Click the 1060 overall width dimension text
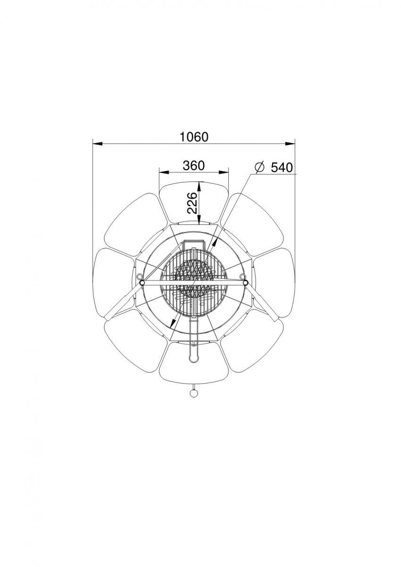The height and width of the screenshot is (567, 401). pyautogui.click(x=194, y=137)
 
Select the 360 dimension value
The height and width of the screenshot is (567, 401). pyautogui.click(x=194, y=165)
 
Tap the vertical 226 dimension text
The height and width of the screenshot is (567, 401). pyautogui.click(x=193, y=203)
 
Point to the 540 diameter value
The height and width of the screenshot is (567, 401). pyautogui.click(x=282, y=167)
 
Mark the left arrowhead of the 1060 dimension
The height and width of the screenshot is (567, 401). pyautogui.click(x=97, y=144)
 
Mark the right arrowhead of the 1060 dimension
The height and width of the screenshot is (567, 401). pyautogui.click(x=290, y=144)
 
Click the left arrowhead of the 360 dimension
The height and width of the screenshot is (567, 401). pyautogui.click(x=164, y=172)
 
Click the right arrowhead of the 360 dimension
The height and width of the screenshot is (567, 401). pyautogui.click(x=223, y=172)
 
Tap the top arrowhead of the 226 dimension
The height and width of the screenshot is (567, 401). pyautogui.click(x=199, y=187)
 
